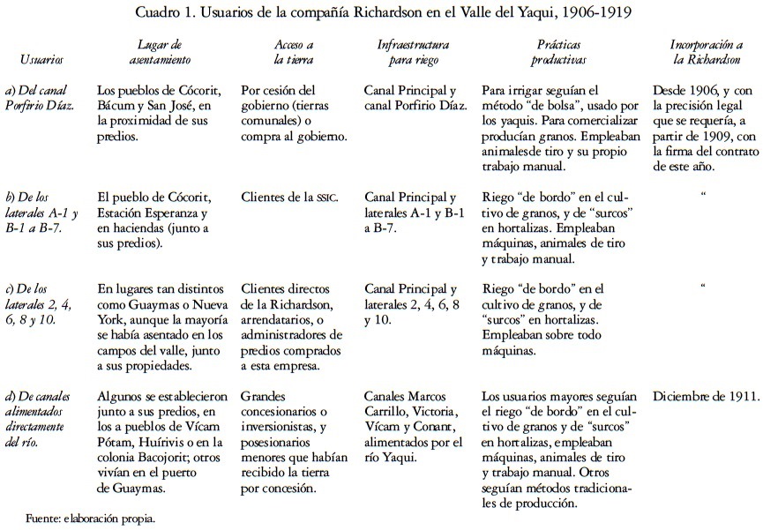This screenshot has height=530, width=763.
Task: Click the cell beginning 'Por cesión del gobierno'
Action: point(294,114)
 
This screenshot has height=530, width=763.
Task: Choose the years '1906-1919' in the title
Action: point(592,14)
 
